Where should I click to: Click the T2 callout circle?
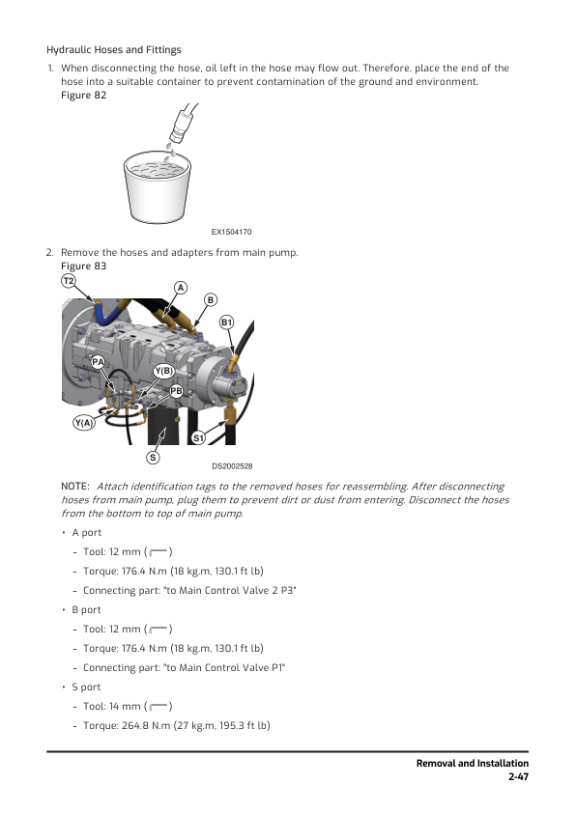[x=69, y=281]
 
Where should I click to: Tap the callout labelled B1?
[x=227, y=322]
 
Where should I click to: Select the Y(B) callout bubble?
[x=163, y=371]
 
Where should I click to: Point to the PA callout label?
[x=98, y=362]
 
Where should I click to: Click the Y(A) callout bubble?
[x=84, y=423]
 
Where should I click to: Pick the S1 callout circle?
[x=198, y=438]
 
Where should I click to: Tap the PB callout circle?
[x=177, y=390]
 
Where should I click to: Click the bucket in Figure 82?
[x=158, y=187]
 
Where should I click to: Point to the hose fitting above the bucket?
[x=182, y=123]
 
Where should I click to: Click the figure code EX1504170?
[x=231, y=232]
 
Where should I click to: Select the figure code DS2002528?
[x=232, y=466]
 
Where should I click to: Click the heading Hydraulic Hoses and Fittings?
[x=114, y=50]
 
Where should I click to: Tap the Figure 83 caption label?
[x=83, y=266]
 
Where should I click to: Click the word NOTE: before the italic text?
[x=75, y=487]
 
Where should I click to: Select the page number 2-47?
[x=518, y=776]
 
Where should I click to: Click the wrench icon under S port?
[x=158, y=706]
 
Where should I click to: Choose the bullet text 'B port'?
[x=86, y=610]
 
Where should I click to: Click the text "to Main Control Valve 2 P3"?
[x=230, y=591]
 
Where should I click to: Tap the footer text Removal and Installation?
[x=473, y=763]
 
